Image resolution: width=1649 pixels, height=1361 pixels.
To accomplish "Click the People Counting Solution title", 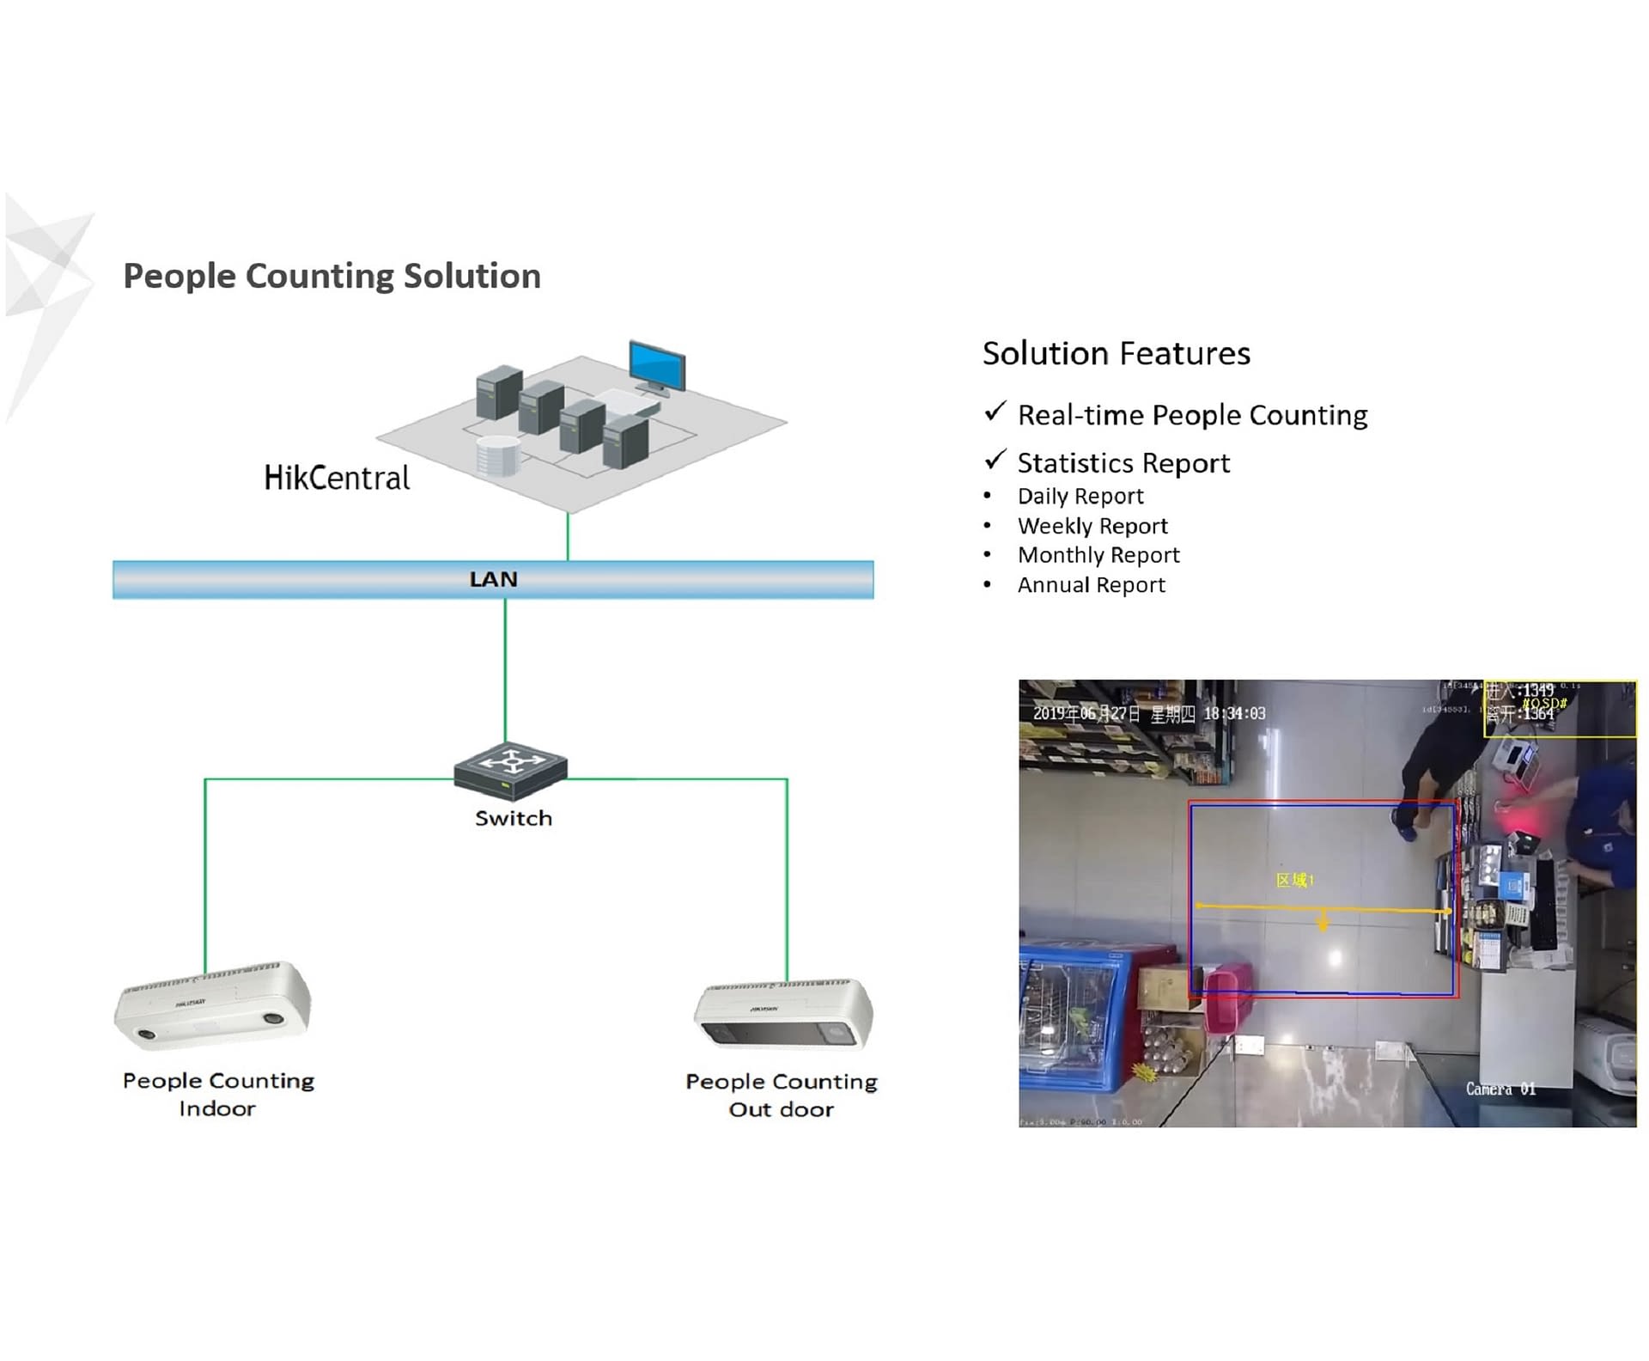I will pos(332,276).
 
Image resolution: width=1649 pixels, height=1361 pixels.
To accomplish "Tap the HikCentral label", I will pos(337,478).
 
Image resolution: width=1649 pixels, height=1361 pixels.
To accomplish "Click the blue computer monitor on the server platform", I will pos(657,367).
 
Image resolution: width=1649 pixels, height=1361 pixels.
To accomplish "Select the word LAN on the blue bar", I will pos(493,579).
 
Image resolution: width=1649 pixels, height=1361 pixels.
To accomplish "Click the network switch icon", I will pos(510,770).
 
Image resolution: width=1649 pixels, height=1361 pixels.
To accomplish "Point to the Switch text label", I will pos(514,818).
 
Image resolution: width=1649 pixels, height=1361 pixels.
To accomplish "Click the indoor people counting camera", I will pos(213,1005).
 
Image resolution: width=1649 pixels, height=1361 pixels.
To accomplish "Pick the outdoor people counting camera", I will pos(783,1014).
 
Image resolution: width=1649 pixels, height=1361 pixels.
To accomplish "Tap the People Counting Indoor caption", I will pos(218,1094).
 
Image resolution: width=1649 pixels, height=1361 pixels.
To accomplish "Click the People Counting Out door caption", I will pos(782,1095).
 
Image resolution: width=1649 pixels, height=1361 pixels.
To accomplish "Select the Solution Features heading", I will pos(1116,353).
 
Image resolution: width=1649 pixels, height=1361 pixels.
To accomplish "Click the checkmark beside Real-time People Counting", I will pos(995,412).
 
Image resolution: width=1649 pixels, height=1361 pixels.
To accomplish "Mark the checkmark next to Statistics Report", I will pos(995,461).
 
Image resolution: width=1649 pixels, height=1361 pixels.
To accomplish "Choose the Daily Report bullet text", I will pos(1080,496).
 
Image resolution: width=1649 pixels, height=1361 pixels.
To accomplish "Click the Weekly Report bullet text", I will pos(1092,526).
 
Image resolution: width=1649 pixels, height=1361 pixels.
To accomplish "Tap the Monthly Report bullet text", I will pos(1098,555).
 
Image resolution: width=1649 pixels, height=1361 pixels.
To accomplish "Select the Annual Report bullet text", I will pos(1091,585).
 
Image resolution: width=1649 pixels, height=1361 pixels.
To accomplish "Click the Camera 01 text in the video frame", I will pos(1500,1089).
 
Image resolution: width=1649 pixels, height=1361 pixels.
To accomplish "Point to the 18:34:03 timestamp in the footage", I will pos(1234,713).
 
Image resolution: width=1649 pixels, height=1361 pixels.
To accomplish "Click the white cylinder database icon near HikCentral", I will pos(498,455).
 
